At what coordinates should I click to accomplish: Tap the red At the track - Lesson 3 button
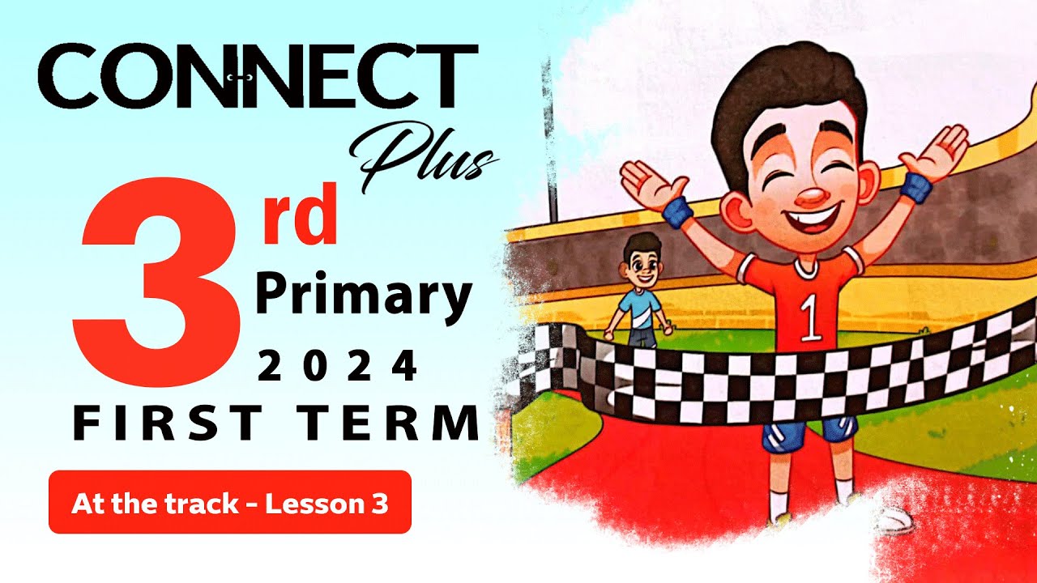[230, 503]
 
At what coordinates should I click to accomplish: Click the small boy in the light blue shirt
[639, 291]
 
